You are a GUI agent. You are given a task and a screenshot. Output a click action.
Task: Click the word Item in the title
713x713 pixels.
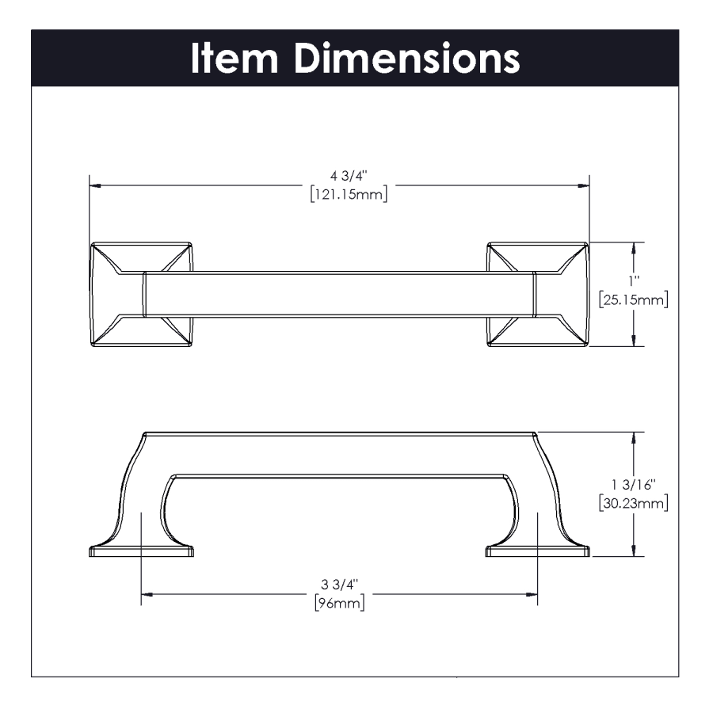coord(234,58)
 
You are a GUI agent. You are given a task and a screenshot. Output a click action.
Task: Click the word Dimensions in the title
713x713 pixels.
coord(406,58)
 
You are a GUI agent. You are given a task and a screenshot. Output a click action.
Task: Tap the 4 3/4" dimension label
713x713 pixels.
coord(349,176)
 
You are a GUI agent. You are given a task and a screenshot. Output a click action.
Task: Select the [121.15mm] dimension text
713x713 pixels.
coord(349,195)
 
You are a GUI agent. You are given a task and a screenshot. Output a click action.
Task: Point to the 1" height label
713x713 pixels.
coord(634,281)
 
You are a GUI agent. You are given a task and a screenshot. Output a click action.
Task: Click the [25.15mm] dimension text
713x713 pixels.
coord(634,300)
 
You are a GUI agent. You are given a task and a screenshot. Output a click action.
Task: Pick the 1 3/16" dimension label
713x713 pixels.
coord(634,484)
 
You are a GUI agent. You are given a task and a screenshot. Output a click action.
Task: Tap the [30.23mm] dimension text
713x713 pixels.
coord(634,503)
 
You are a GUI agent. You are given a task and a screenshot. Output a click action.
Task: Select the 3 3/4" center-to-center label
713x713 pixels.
coord(340,584)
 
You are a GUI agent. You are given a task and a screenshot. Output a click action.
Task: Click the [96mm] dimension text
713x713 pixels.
coord(340,604)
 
